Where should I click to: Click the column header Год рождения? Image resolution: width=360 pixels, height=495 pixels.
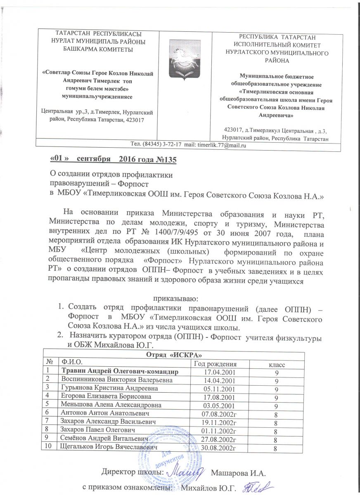[215, 363]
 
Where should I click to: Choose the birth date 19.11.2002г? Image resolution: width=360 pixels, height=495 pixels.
[222, 421]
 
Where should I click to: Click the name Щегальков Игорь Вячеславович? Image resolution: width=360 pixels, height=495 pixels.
[109, 448]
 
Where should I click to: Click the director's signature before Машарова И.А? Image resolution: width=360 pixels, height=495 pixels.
[188, 470]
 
